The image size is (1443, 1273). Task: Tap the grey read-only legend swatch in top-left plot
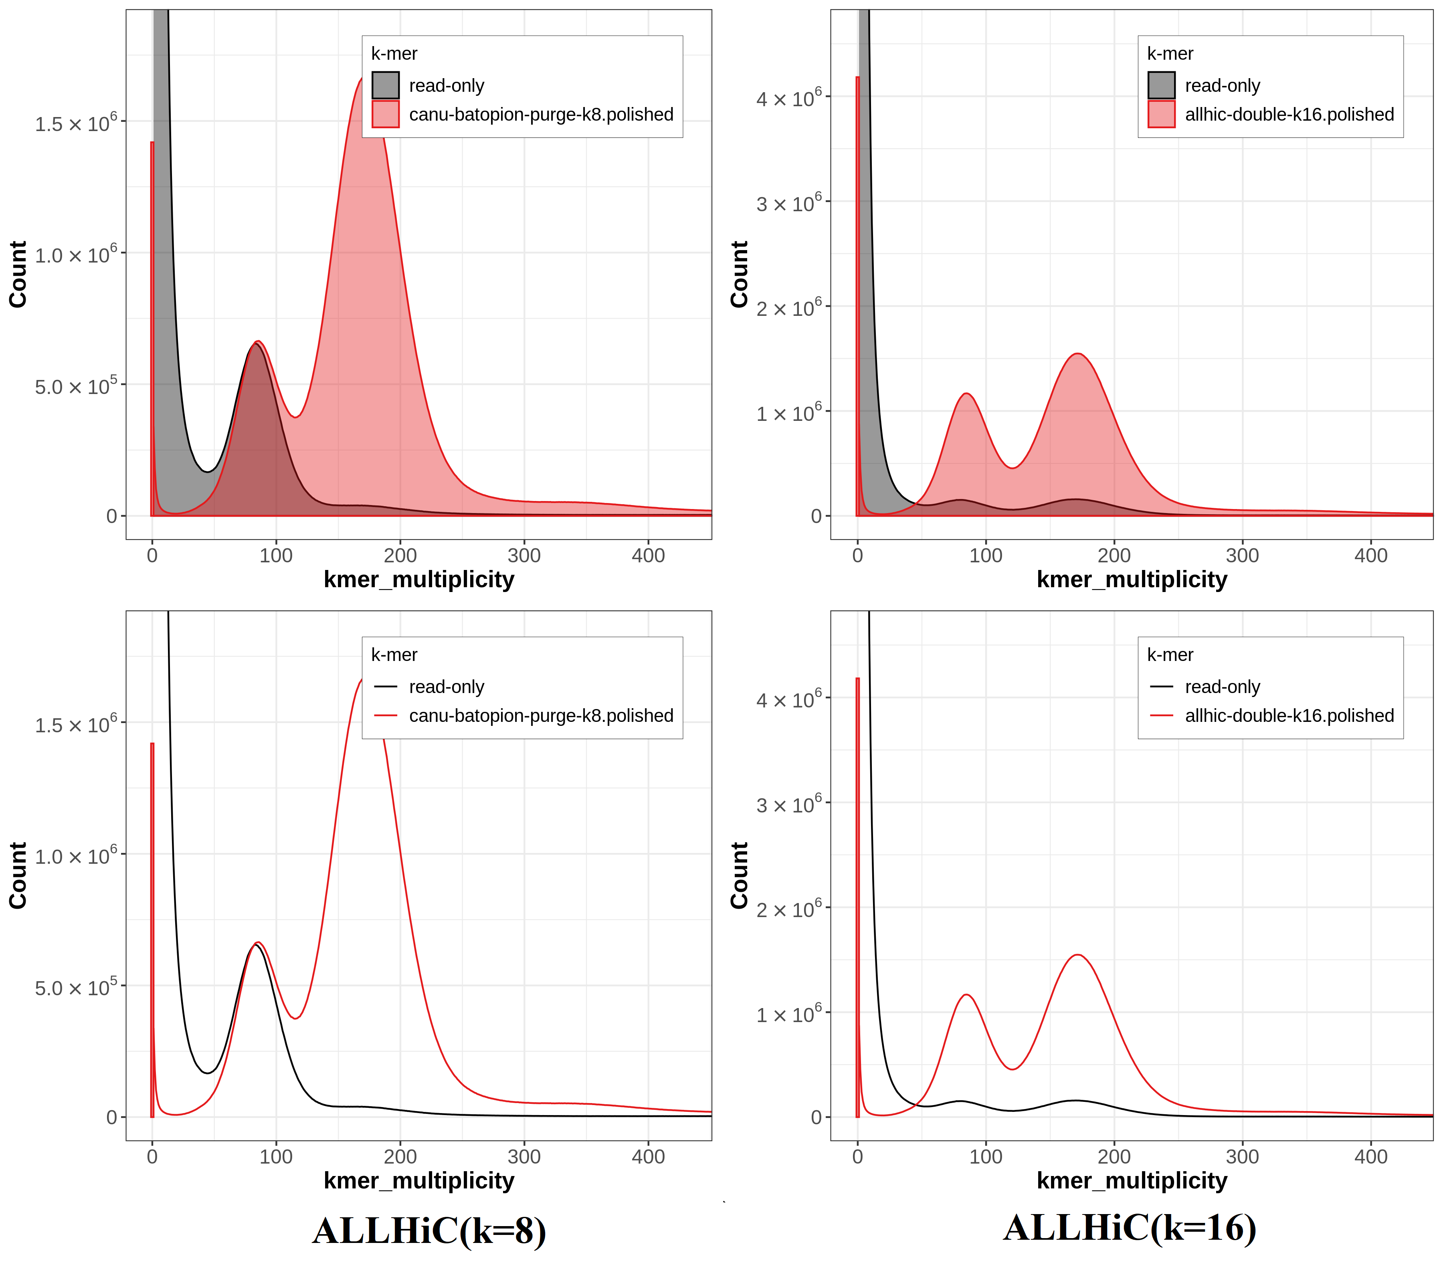pyautogui.click(x=386, y=85)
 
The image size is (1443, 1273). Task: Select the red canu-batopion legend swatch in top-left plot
pyautogui.click(x=386, y=114)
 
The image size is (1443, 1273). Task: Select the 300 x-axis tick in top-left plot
pyautogui.click(x=524, y=556)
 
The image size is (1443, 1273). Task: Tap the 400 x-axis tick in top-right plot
pyautogui.click(x=1370, y=556)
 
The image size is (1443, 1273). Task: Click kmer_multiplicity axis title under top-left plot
pyautogui.click(x=418, y=580)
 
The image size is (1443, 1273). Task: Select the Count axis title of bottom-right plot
pyautogui.click(x=738, y=875)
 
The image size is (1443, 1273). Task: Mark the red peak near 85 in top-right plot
pyautogui.click(x=966, y=394)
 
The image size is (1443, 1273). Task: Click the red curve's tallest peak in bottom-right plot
pyautogui.click(x=1077, y=955)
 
